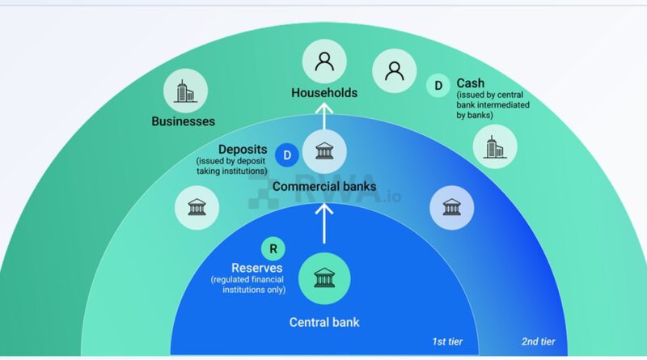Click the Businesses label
tap(184, 121)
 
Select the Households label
tap(324, 93)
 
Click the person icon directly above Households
tap(324, 62)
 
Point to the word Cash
tap(472, 83)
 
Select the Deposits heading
tap(243, 150)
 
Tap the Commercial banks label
tap(324, 187)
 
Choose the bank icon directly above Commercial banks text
tap(324, 151)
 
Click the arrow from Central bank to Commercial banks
tap(324, 222)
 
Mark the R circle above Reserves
tap(274, 249)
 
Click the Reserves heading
tap(257, 268)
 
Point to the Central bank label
tap(324, 323)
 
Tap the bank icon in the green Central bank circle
tap(324, 277)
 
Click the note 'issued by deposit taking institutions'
tap(232, 166)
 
